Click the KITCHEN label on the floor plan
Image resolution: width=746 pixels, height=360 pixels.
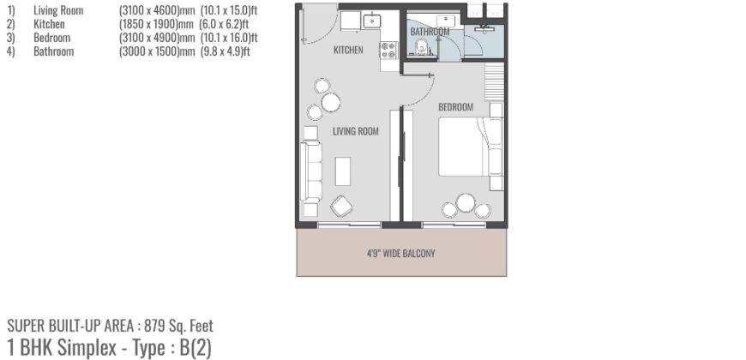tap(348, 51)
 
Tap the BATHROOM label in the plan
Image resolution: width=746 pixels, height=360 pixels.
tap(430, 32)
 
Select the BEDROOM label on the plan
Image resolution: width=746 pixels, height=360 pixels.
tap(455, 107)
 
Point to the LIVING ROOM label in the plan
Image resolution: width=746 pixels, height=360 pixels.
tap(356, 131)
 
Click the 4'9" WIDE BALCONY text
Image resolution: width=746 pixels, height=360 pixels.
tap(401, 253)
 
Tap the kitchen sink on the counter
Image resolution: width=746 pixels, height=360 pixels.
tap(371, 20)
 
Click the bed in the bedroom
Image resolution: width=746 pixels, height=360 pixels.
tap(469, 147)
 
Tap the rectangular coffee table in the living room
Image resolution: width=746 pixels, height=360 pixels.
tap(343, 171)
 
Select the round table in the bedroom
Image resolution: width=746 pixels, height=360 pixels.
tap(466, 203)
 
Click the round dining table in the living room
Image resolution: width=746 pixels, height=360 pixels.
tap(331, 104)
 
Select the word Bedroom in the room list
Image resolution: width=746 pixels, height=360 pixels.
tap(51, 38)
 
